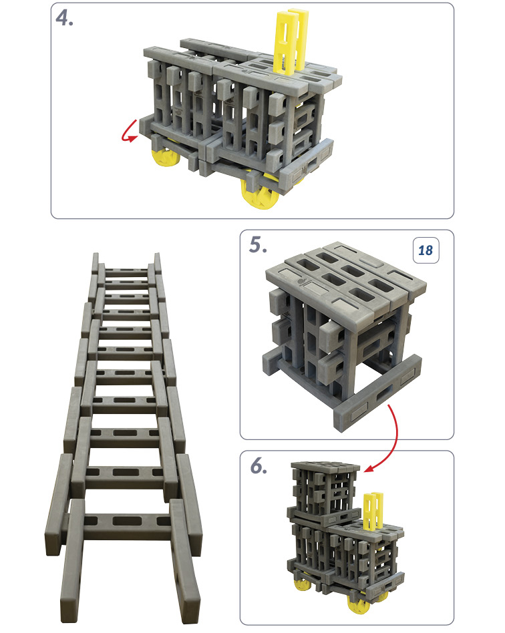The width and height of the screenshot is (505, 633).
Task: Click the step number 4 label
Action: tap(65, 18)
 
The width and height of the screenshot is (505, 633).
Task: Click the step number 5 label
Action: tap(258, 244)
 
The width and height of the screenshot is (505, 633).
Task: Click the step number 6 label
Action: tap(259, 466)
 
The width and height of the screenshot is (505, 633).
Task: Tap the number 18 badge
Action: tap(426, 250)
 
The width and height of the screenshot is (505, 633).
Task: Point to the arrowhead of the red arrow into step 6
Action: tap(369, 469)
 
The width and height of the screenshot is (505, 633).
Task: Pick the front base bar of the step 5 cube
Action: tap(377, 393)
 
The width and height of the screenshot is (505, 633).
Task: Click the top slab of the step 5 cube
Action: tap(346, 282)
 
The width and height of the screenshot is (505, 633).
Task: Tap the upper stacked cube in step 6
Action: tap(325, 491)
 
